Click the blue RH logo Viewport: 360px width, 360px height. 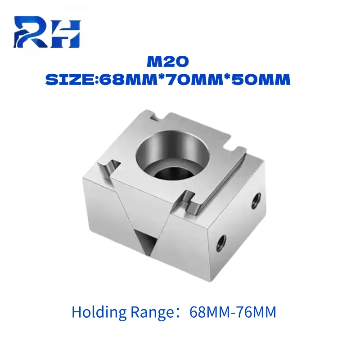[47, 31]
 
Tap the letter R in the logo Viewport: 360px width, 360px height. [32, 31]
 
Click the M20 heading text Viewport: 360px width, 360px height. [168, 62]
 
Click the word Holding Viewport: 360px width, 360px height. [99, 313]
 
